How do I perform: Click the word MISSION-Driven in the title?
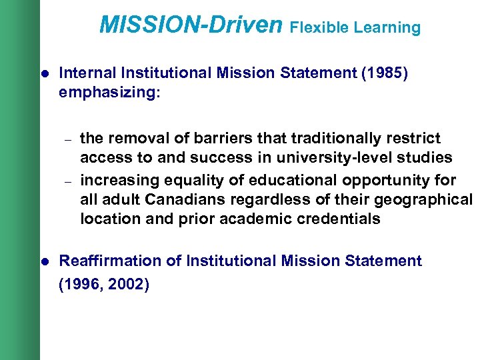tap(191, 25)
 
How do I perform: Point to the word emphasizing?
tap(110, 93)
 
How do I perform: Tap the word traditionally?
tap(335, 139)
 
